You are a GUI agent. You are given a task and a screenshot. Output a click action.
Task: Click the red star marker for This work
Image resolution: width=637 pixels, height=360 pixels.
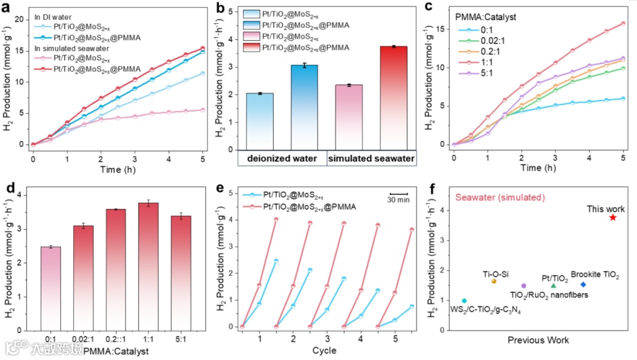click(x=613, y=217)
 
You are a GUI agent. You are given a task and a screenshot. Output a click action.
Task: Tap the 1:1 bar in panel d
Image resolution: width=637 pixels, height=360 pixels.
click(x=152, y=266)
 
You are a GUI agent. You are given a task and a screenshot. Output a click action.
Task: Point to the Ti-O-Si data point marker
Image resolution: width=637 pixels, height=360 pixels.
click(x=493, y=281)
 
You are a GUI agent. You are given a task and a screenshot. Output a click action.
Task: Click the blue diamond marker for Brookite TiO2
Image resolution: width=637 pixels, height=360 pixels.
click(x=583, y=284)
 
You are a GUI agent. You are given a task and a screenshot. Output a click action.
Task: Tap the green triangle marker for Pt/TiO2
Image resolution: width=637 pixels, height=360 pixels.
click(x=553, y=286)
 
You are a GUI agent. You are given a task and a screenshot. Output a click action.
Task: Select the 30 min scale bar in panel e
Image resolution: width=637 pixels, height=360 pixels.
click(x=399, y=193)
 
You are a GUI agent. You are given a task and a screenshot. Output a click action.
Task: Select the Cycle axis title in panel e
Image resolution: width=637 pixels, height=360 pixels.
click(x=324, y=351)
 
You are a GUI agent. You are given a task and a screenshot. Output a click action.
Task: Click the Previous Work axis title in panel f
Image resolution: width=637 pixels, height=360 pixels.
click(x=538, y=340)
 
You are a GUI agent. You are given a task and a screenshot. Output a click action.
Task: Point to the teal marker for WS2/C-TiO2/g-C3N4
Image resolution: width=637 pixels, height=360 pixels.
click(x=464, y=300)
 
